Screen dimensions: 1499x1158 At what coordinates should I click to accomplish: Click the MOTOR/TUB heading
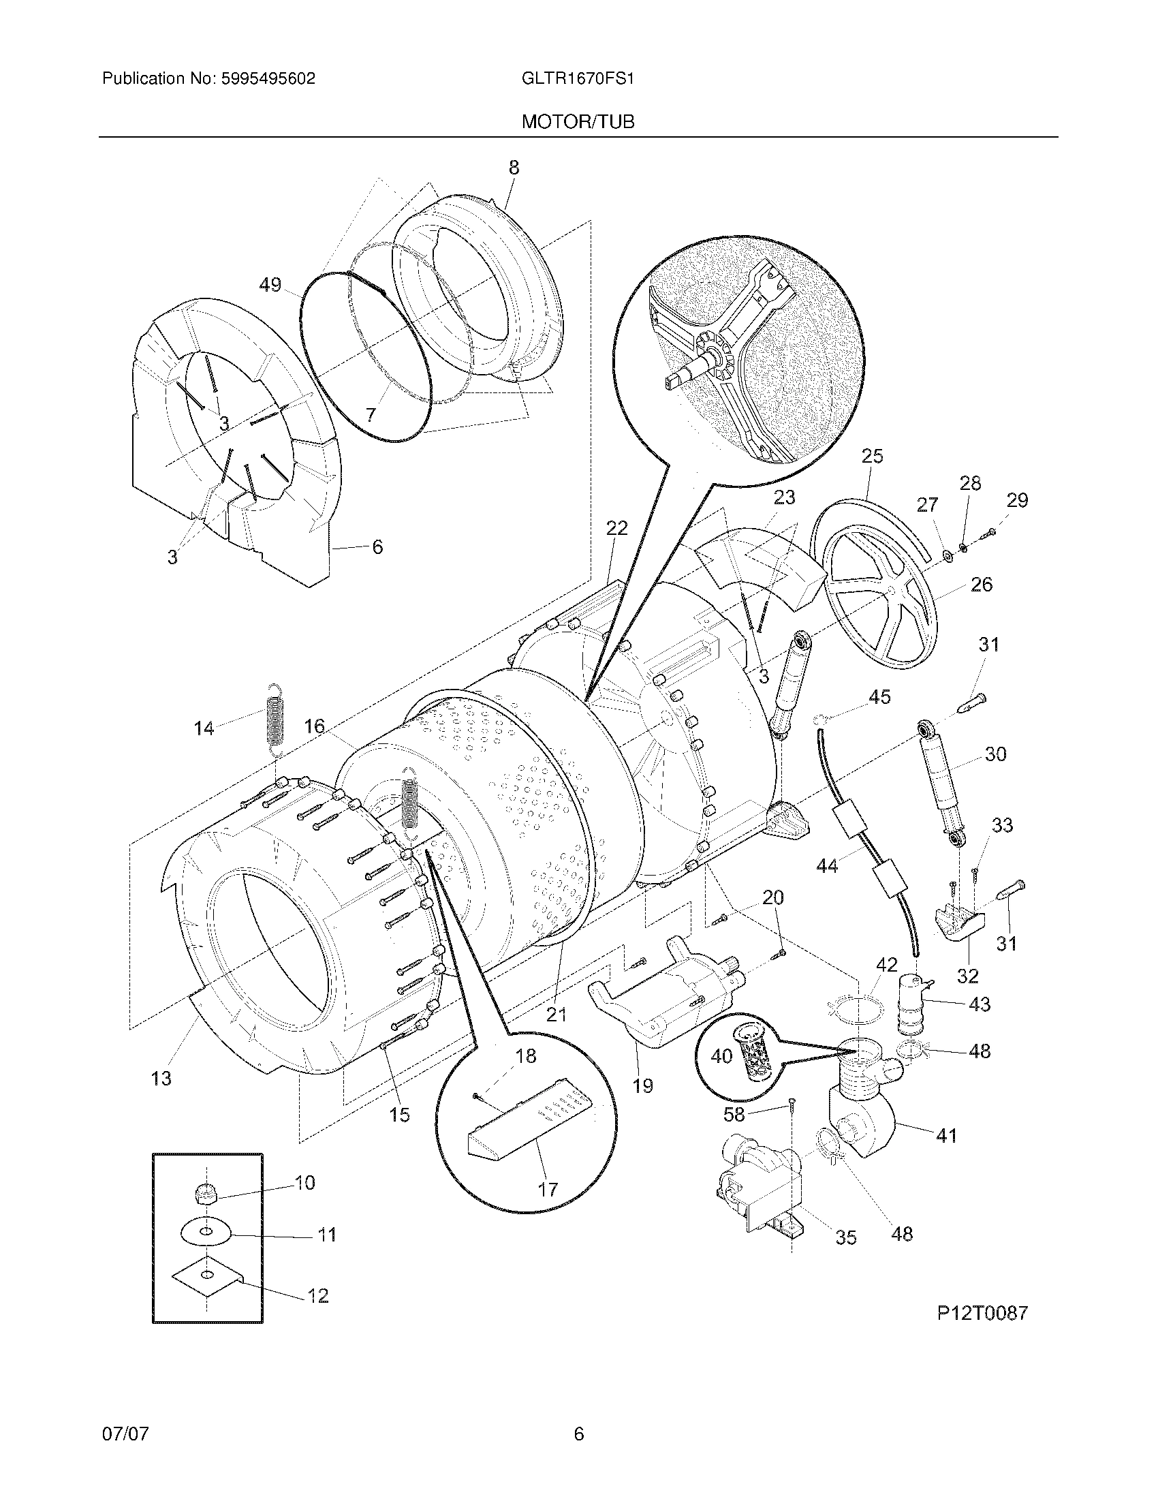578,122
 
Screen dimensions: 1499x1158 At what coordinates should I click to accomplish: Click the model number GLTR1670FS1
578,79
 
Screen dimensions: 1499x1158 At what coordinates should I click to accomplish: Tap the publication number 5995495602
268,79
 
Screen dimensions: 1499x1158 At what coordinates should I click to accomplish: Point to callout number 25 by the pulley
872,457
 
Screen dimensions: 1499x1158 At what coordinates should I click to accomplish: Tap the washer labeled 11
205,1233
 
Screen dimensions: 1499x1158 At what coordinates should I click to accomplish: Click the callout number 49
270,284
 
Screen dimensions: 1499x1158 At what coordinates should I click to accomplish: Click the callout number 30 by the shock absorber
995,754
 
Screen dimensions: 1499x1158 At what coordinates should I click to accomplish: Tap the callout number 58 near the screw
734,1115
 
